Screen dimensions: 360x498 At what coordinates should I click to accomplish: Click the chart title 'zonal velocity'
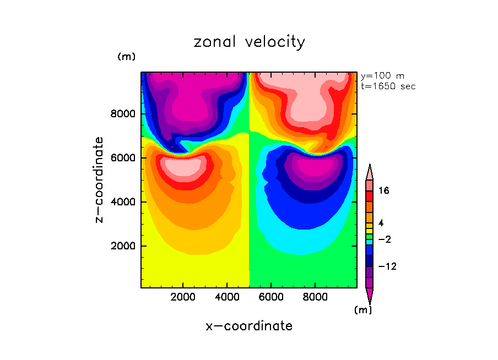(x=249, y=42)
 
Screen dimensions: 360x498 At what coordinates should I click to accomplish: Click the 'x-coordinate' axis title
(x=249, y=326)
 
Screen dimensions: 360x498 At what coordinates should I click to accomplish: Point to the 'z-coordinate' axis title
(x=100, y=180)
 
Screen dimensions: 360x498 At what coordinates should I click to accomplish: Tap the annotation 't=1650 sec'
(x=388, y=86)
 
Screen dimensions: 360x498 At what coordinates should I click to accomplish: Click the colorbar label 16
(x=384, y=191)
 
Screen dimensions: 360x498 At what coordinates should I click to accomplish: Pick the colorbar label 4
(x=381, y=223)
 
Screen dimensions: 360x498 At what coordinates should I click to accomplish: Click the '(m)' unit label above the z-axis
(x=126, y=57)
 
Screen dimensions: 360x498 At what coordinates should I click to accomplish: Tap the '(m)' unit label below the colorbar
(x=362, y=310)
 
